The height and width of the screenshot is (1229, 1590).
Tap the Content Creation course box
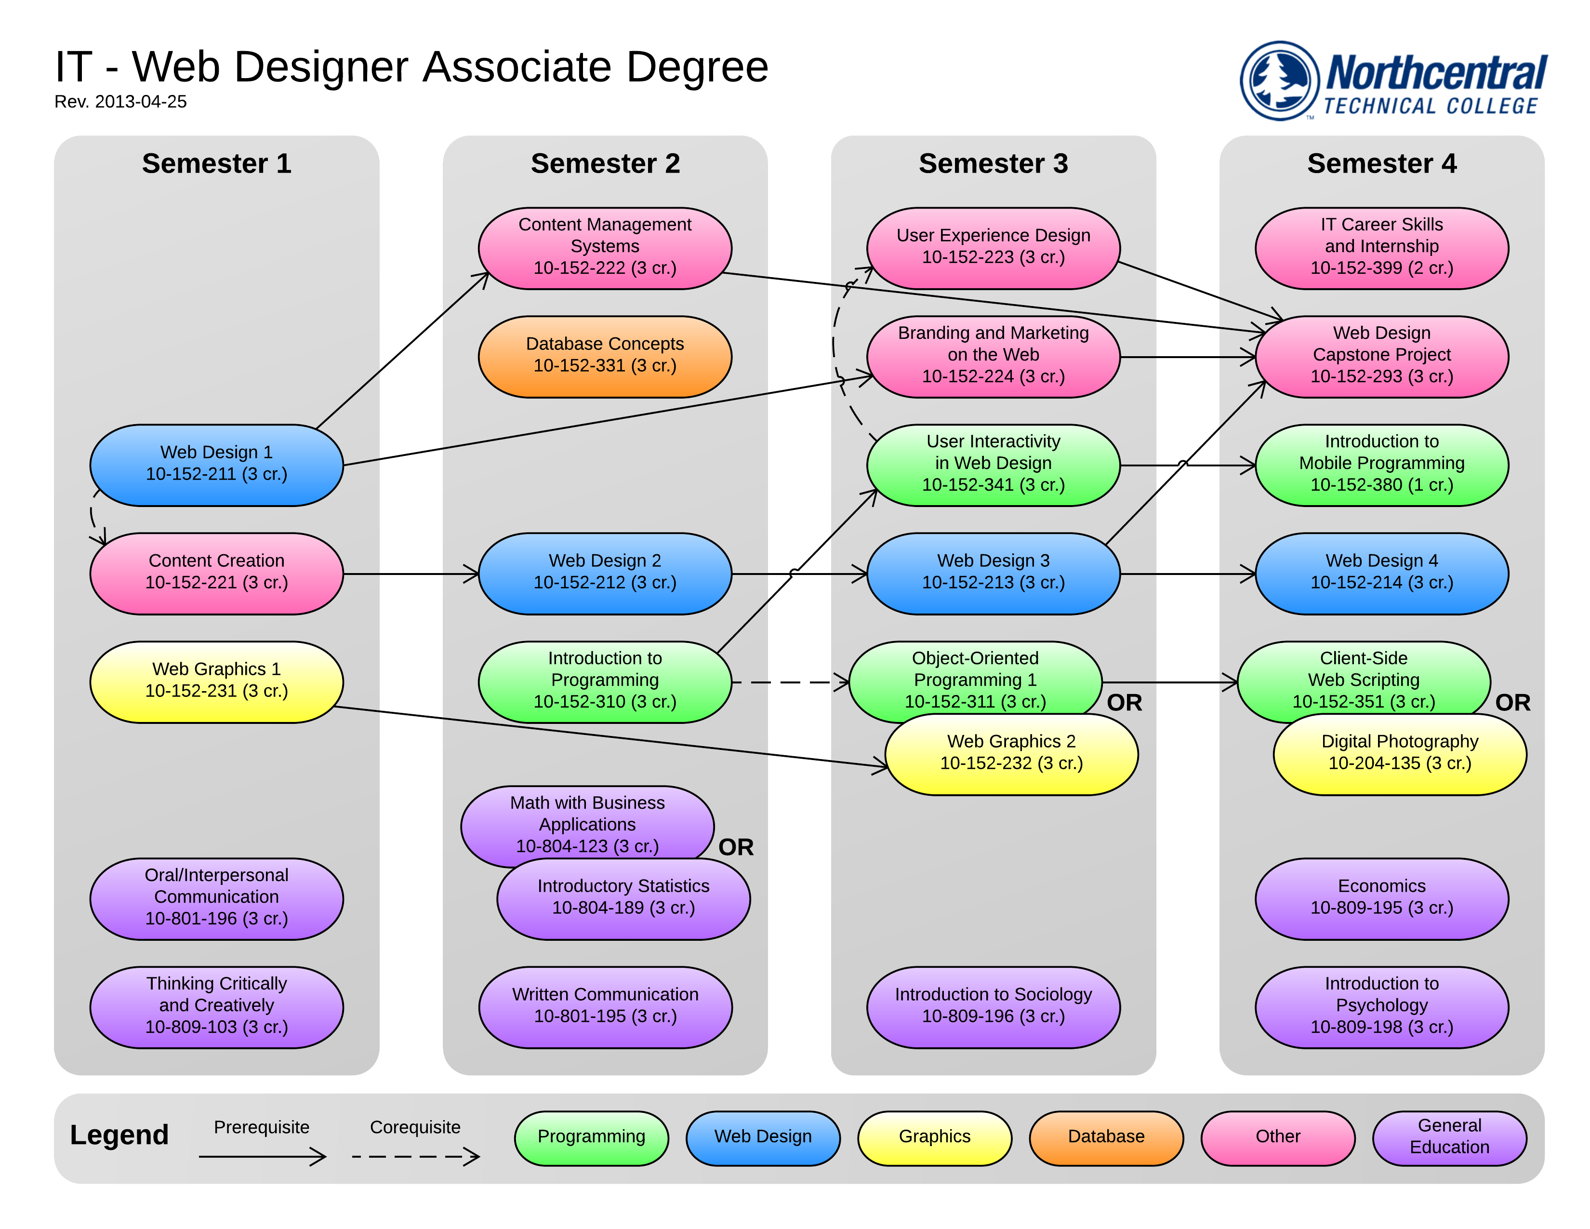tap(216, 573)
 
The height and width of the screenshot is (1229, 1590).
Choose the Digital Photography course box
tap(1399, 754)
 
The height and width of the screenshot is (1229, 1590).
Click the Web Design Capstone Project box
tap(1381, 356)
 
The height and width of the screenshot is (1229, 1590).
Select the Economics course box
tap(1381, 898)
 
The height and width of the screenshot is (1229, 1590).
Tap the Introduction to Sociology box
tap(993, 1007)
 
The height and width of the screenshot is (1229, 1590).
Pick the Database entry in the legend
tap(1106, 1137)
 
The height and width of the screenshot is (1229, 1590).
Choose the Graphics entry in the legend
tap(934, 1137)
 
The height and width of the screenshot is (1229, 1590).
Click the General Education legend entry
tap(1449, 1137)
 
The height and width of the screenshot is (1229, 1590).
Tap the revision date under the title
tap(121, 102)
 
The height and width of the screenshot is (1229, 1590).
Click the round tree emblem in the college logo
tap(1279, 80)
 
